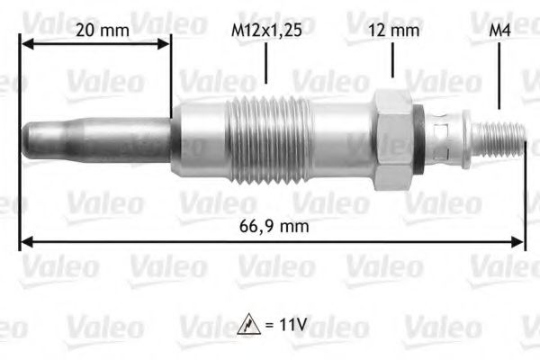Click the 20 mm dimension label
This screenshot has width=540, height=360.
point(102,31)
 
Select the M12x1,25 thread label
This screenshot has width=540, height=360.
point(266,31)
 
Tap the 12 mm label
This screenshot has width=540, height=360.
point(393,31)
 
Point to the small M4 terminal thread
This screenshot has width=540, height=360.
point(499,136)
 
